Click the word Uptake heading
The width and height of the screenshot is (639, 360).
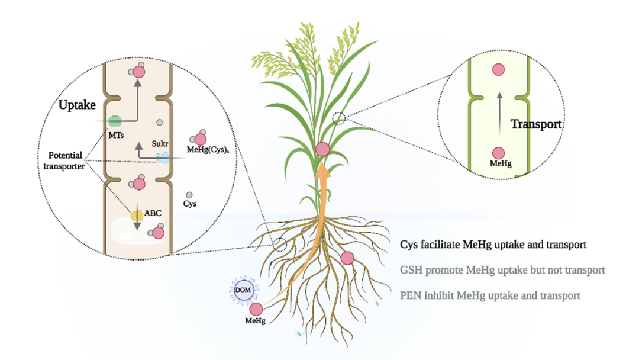point(77,105)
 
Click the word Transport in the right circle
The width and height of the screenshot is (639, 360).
point(535,124)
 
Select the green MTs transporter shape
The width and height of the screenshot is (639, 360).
point(114,121)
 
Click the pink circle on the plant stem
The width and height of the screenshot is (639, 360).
point(322,149)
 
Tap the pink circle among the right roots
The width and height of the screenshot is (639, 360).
point(347,258)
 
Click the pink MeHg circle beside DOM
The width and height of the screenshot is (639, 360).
point(256,308)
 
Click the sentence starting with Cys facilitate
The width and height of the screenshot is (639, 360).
point(493,244)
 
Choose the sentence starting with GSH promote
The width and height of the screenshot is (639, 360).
point(502,270)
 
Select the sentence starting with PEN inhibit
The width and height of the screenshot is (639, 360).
point(490,295)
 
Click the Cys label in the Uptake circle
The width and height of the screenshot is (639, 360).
point(189,204)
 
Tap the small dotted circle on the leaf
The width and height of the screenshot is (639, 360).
point(339,118)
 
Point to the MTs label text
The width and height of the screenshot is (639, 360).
point(116,136)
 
